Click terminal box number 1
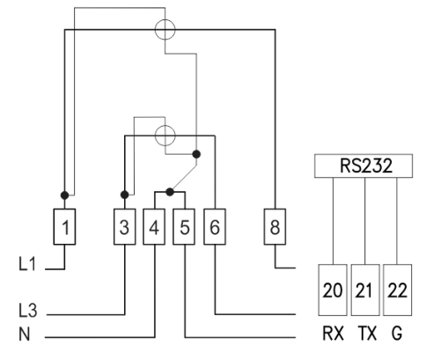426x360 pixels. coord(64,226)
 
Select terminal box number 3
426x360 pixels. coord(125,226)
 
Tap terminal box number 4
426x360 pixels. coord(154,226)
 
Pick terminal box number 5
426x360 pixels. coord(184,226)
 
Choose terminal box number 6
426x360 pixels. coord(215,226)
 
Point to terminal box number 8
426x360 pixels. coord(275,226)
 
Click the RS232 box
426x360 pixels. coord(364,165)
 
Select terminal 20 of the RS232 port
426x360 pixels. coord(333,290)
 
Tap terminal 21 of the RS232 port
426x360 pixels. coord(365,290)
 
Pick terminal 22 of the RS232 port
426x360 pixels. coord(397,290)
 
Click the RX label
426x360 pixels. coord(333,334)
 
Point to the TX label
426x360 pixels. coord(367,334)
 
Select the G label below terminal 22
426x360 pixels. coord(397,334)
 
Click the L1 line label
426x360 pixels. coord(27,263)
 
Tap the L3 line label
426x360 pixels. coord(28,311)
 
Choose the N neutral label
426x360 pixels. coord(25,334)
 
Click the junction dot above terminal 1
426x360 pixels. coord(64,195)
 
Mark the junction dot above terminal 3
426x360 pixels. coord(125,195)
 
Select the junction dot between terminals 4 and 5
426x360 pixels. coord(170,192)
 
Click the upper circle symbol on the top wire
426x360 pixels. coord(165,19)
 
